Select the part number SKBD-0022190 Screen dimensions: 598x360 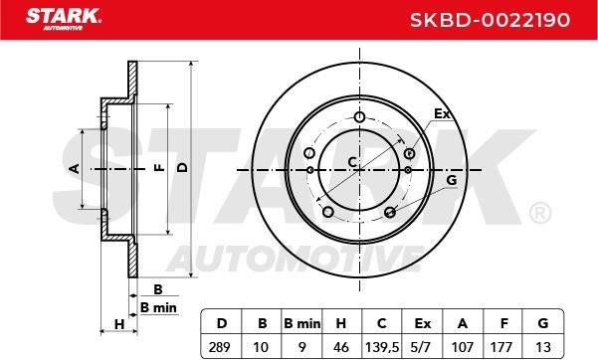point(491,20)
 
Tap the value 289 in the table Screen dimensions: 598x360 point(220,347)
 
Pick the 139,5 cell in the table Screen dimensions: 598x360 point(382,347)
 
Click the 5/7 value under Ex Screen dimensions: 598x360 point(422,347)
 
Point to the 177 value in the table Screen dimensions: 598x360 point(501,347)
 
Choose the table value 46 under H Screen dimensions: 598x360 point(340,347)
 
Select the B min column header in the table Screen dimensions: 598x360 point(302,323)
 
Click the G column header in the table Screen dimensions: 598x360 point(542,323)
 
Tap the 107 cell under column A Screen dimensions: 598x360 point(463,347)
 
